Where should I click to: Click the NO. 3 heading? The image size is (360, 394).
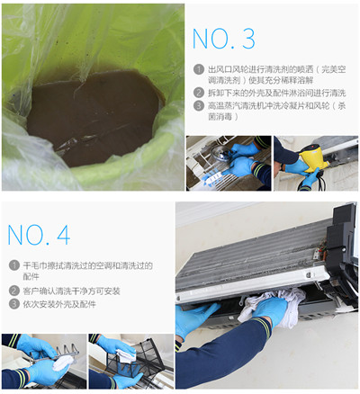coord(223,39)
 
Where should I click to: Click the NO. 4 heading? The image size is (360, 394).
coord(39,235)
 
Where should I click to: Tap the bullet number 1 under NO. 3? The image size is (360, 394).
coord(198,69)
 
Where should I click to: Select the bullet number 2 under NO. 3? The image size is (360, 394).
coord(198,93)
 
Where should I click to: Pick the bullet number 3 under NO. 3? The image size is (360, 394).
coord(198,105)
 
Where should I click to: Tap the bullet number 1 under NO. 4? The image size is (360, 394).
coord(14,265)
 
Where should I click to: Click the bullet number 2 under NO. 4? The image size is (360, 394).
coord(14,291)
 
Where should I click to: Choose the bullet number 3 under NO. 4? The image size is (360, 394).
coord(14,304)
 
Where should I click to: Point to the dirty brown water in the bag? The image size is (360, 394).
coord(93,117)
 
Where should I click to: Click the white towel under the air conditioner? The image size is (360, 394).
coord(272,308)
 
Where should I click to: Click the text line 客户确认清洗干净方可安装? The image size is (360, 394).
coord(71,291)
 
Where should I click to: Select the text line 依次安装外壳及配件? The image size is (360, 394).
coord(59,304)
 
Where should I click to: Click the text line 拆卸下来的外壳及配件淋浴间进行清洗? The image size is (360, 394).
coord(277,93)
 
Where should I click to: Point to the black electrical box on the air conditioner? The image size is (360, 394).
coord(342,240)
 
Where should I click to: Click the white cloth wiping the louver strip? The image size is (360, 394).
coord(62,363)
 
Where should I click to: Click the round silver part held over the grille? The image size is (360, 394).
coord(221,154)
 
